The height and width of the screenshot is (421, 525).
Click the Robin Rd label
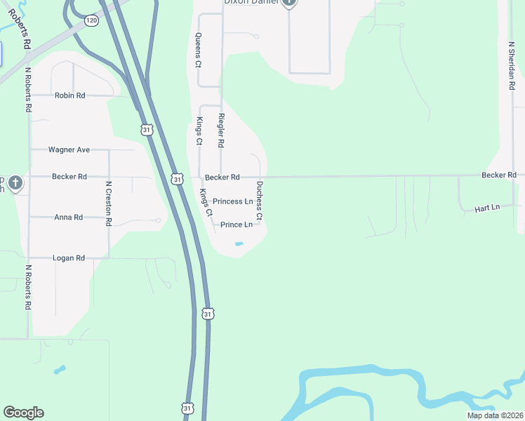[x=69, y=95]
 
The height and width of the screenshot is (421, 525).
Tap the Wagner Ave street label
[x=69, y=149]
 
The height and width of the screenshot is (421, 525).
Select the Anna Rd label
[x=68, y=218]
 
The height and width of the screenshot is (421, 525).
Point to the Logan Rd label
[x=68, y=258]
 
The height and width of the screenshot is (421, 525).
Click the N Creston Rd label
[x=109, y=203]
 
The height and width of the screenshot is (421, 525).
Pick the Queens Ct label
[x=199, y=50]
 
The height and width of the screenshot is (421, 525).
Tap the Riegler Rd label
[x=221, y=130]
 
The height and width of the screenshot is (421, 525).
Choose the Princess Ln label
[x=232, y=201]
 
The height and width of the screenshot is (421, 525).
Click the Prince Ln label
[x=236, y=225]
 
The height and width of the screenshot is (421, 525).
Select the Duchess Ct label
[x=259, y=201]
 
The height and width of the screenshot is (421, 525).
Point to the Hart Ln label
[x=486, y=208]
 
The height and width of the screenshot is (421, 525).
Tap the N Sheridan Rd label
[x=512, y=65]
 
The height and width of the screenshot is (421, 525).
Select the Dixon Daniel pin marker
[x=289, y=3]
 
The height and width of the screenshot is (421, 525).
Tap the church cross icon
[x=15, y=184]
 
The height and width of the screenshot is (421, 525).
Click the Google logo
[x=23, y=413]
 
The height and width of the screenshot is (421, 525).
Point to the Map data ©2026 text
[x=495, y=415]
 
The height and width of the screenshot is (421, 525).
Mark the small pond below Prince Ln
[x=239, y=244]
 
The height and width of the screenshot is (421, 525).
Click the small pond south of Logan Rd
[x=60, y=369]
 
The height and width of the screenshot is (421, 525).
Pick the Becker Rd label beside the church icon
[x=69, y=177]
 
